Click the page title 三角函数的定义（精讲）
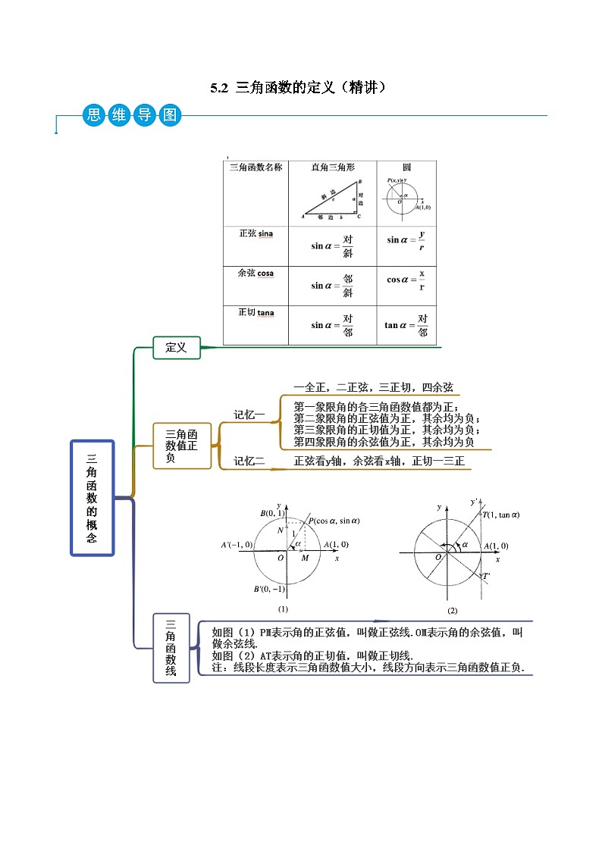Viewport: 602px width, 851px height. coord(300,88)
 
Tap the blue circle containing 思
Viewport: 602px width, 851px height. coord(93,116)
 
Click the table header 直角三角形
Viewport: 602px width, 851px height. coord(333,167)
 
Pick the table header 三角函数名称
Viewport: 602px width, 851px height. coord(256,167)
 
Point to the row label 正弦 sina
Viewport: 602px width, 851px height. coord(256,233)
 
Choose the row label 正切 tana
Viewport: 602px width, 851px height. coord(256,312)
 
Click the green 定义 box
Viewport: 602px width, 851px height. coord(176,348)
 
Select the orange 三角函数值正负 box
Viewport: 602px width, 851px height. coord(181,446)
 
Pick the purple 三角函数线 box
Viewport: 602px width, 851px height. coord(171,648)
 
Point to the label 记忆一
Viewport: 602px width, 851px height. coord(249,415)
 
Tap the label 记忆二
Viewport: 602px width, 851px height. coord(249,460)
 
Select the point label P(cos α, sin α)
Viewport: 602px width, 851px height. coord(334,521)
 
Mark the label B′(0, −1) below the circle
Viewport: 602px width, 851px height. coord(270,590)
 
